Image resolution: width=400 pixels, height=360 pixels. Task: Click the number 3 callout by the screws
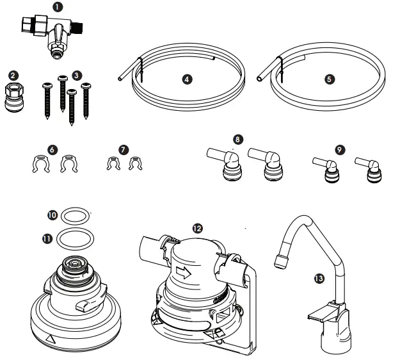click(x=76, y=75)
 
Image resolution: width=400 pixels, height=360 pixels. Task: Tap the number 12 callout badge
click(x=197, y=227)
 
